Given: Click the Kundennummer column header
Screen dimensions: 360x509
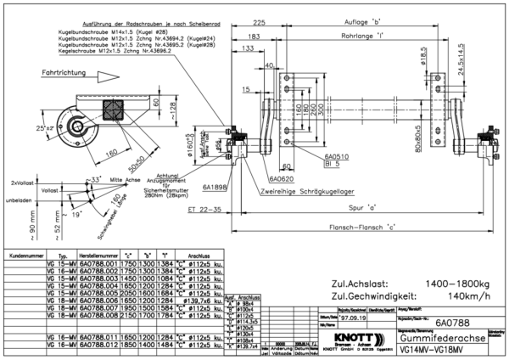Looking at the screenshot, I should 22,254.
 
